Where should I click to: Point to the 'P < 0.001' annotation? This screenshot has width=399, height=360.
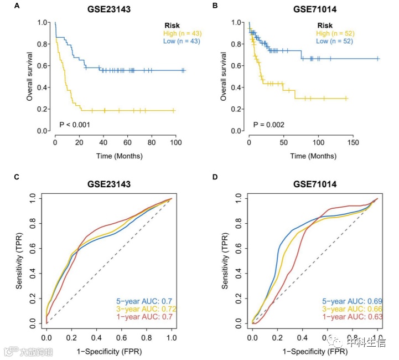pyautogui.click(x=77, y=125)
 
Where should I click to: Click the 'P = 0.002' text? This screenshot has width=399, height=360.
pyautogui.click(x=269, y=125)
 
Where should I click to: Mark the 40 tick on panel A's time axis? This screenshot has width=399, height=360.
pyautogui.click(x=103, y=143)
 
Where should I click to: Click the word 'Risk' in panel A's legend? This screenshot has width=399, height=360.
pyautogui.click(x=172, y=25)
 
